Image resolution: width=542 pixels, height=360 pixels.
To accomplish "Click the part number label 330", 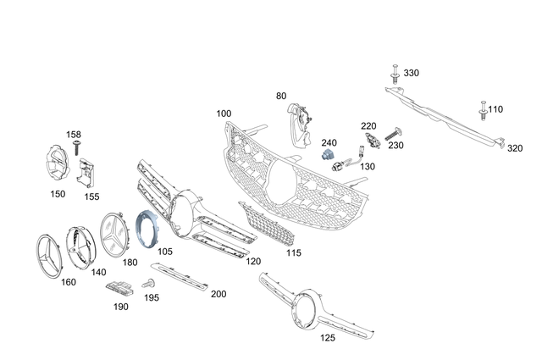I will (411, 74).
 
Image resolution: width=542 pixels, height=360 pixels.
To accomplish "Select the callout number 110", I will (495, 109).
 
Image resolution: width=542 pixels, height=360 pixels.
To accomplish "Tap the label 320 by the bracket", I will (515, 148).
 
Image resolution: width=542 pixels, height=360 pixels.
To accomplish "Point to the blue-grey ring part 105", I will (146, 230).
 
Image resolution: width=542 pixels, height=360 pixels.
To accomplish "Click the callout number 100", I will (224, 114).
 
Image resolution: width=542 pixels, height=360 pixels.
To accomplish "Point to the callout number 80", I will (281, 97).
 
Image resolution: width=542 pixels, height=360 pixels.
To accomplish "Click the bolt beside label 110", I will (481, 109).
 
